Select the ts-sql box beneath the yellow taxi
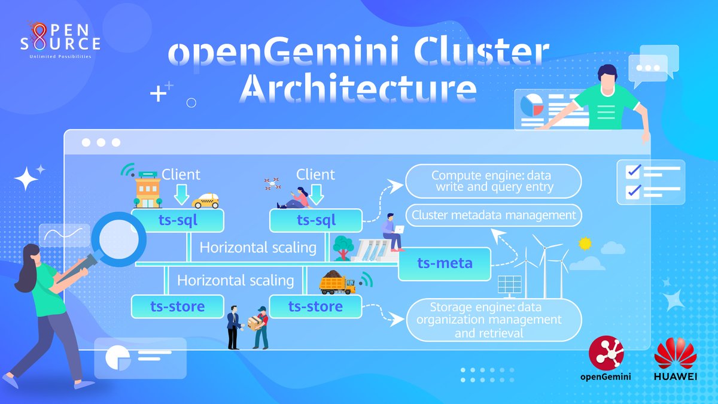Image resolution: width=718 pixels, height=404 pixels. click(x=178, y=220)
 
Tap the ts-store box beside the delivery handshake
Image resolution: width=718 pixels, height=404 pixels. click(x=315, y=306)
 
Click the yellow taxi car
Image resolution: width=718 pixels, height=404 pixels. click(x=205, y=201)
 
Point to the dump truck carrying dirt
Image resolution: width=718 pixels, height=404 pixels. click(x=337, y=283)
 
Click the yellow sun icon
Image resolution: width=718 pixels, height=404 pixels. click(x=585, y=243)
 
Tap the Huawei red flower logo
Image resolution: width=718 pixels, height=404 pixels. click(x=676, y=354)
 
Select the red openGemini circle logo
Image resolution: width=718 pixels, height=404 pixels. click(x=606, y=353)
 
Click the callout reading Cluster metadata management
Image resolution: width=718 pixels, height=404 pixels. click(x=494, y=215)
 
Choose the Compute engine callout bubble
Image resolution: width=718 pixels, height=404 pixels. click(x=494, y=181)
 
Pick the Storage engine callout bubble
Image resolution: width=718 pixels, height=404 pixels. click(x=494, y=320)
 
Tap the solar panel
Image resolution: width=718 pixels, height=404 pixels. click(x=510, y=285)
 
